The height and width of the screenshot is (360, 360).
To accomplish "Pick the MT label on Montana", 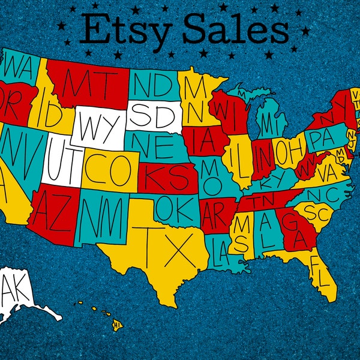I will click(87, 83).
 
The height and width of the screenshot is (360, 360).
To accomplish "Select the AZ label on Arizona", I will click(53, 207).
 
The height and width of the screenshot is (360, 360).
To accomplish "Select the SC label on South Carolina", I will click(316, 212).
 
